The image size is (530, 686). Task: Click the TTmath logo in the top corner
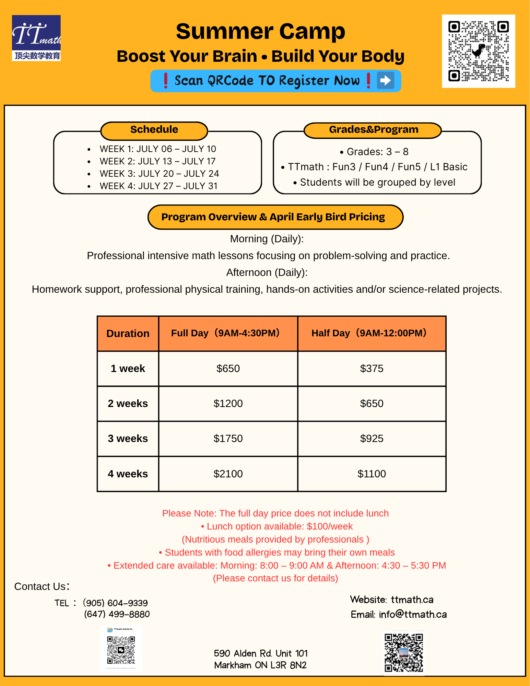pyautogui.click(x=36, y=38)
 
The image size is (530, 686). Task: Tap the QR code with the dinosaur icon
pyautogui.click(x=478, y=51)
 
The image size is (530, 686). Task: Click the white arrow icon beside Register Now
pyautogui.click(x=385, y=81)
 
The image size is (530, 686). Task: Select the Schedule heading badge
pyautogui.click(x=154, y=130)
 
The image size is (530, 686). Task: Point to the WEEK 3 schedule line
pyautogui.click(x=159, y=174)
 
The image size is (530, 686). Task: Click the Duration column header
pyautogui.click(x=128, y=334)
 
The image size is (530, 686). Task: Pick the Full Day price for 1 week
pyautogui.click(x=228, y=369)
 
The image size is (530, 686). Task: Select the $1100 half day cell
pyautogui.click(x=372, y=474)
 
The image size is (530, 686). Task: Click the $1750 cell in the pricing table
pyautogui.click(x=228, y=439)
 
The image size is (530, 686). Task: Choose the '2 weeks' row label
pyautogui.click(x=128, y=404)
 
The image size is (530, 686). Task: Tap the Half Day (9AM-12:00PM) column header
pyautogui.click(x=369, y=333)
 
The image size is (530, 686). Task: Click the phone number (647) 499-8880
pyautogui.click(x=117, y=614)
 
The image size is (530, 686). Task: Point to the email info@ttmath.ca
pyautogui.click(x=413, y=614)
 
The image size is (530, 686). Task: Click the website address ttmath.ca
pyautogui.click(x=412, y=600)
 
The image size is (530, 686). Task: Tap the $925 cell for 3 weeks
pyautogui.click(x=372, y=439)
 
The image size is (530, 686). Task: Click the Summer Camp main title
pyautogui.click(x=260, y=32)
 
